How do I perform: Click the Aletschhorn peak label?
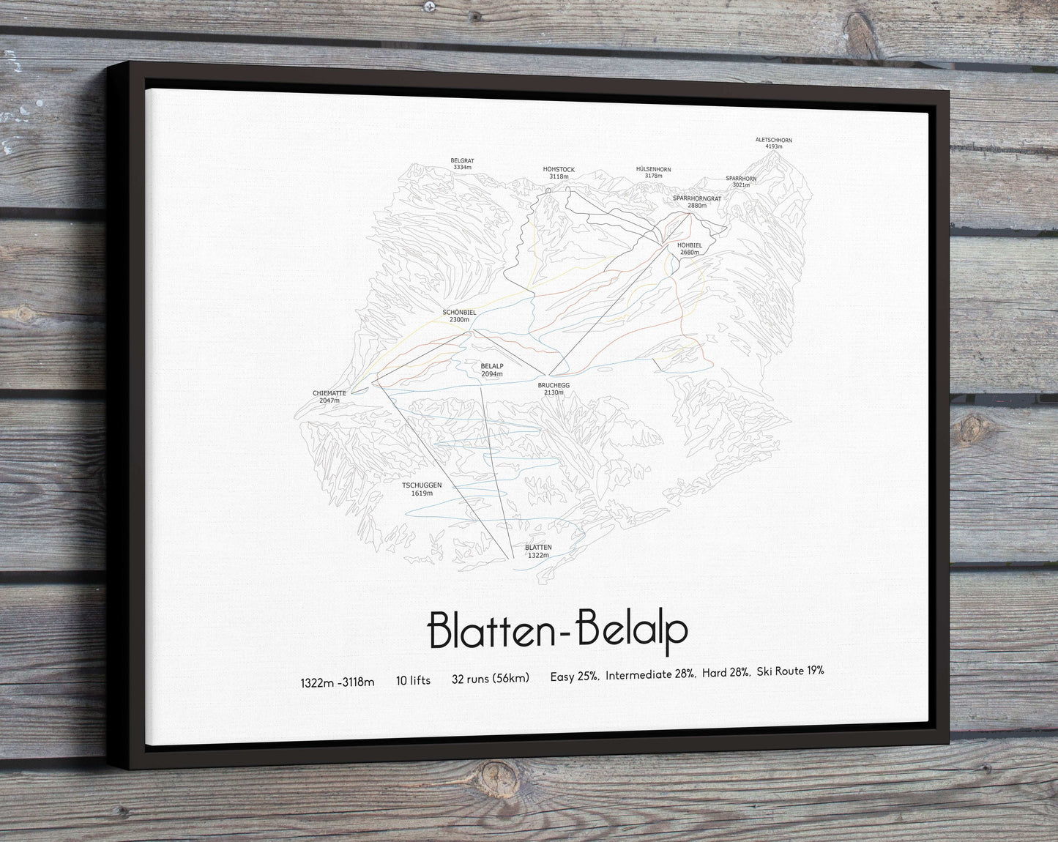(x=773, y=140)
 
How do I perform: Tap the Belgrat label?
(x=462, y=160)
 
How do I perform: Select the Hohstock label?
(x=559, y=170)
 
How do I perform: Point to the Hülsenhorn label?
(x=653, y=169)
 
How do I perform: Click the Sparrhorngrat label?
(x=696, y=198)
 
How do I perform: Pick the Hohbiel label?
(x=690, y=245)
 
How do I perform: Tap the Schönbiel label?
(x=459, y=312)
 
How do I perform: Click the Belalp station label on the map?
(x=492, y=366)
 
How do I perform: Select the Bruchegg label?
(x=554, y=384)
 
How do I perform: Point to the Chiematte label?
(x=329, y=393)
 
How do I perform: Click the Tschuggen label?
(x=422, y=485)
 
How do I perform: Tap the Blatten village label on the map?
(x=538, y=547)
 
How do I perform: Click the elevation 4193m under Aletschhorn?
(x=773, y=147)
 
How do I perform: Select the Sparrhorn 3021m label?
(x=741, y=182)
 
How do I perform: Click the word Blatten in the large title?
(x=486, y=629)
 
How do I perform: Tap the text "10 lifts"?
(x=413, y=680)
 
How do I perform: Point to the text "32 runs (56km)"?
(x=491, y=679)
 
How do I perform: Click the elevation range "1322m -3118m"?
(x=337, y=682)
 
